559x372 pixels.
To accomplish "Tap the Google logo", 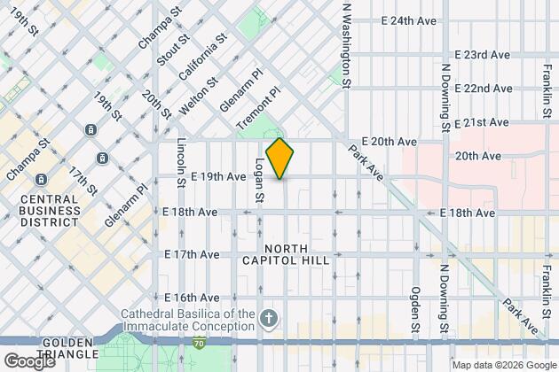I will coord(29,361).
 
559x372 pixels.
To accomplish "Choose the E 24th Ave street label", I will coord(411,19).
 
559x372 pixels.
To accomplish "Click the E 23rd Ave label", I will coord(483,54).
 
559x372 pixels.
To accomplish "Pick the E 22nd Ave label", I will coord(483,89).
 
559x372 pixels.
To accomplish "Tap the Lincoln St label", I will coord(181,159).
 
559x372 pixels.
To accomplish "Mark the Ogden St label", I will coord(414,310).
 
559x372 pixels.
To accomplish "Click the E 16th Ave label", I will coord(191,297).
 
